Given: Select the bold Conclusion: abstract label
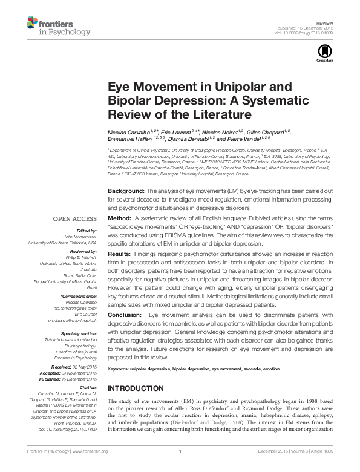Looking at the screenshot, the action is click(x=125, y=316).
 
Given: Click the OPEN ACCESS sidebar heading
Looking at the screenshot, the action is click(x=75, y=218).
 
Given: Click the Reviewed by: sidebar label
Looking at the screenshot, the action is click(x=82, y=251).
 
